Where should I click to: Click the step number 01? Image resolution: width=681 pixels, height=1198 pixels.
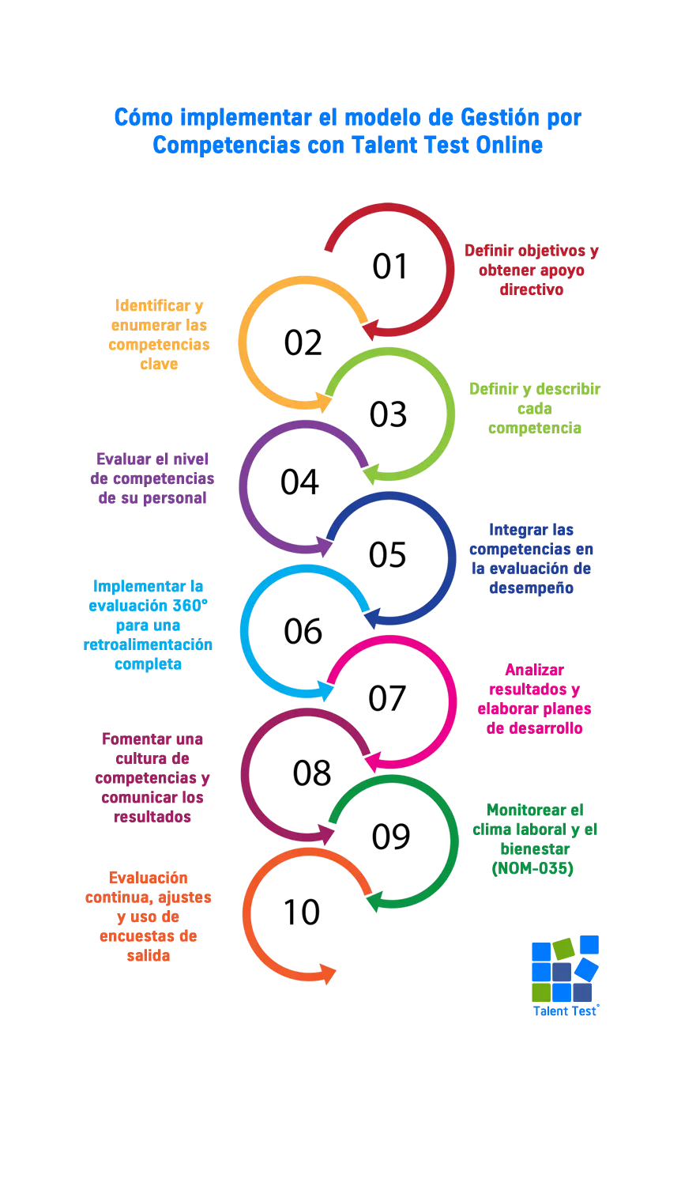coord(389,267)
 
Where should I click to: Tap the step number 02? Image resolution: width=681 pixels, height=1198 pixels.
coord(303,342)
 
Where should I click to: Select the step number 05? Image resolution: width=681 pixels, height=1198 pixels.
coord(387,555)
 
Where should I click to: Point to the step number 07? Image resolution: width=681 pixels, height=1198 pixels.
coord(387,698)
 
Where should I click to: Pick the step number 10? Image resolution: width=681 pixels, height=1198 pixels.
coord(302,913)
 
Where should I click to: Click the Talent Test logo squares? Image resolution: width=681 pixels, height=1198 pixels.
coord(565,969)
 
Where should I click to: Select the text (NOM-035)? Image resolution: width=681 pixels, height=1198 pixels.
coord(532,869)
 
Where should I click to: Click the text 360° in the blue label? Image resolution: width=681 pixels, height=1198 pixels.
coord(189,607)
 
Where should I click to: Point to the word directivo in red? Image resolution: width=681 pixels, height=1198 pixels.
coord(532,289)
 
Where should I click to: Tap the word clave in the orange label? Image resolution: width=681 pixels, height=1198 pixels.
coord(159,364)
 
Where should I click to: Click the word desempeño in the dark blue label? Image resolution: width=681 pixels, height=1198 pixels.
coord(531,588)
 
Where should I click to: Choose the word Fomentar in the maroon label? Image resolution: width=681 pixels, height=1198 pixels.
coord(136,739)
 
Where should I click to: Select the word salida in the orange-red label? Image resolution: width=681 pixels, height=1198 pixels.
coord(149,955)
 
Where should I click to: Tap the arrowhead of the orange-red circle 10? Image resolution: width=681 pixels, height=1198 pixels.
coord(326,973)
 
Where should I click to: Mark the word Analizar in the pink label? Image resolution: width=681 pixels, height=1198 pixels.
coord(535,670)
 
